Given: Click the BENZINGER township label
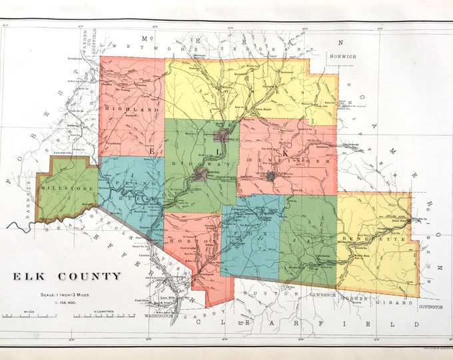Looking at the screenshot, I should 276,161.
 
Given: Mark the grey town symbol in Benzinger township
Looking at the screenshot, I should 270,176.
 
